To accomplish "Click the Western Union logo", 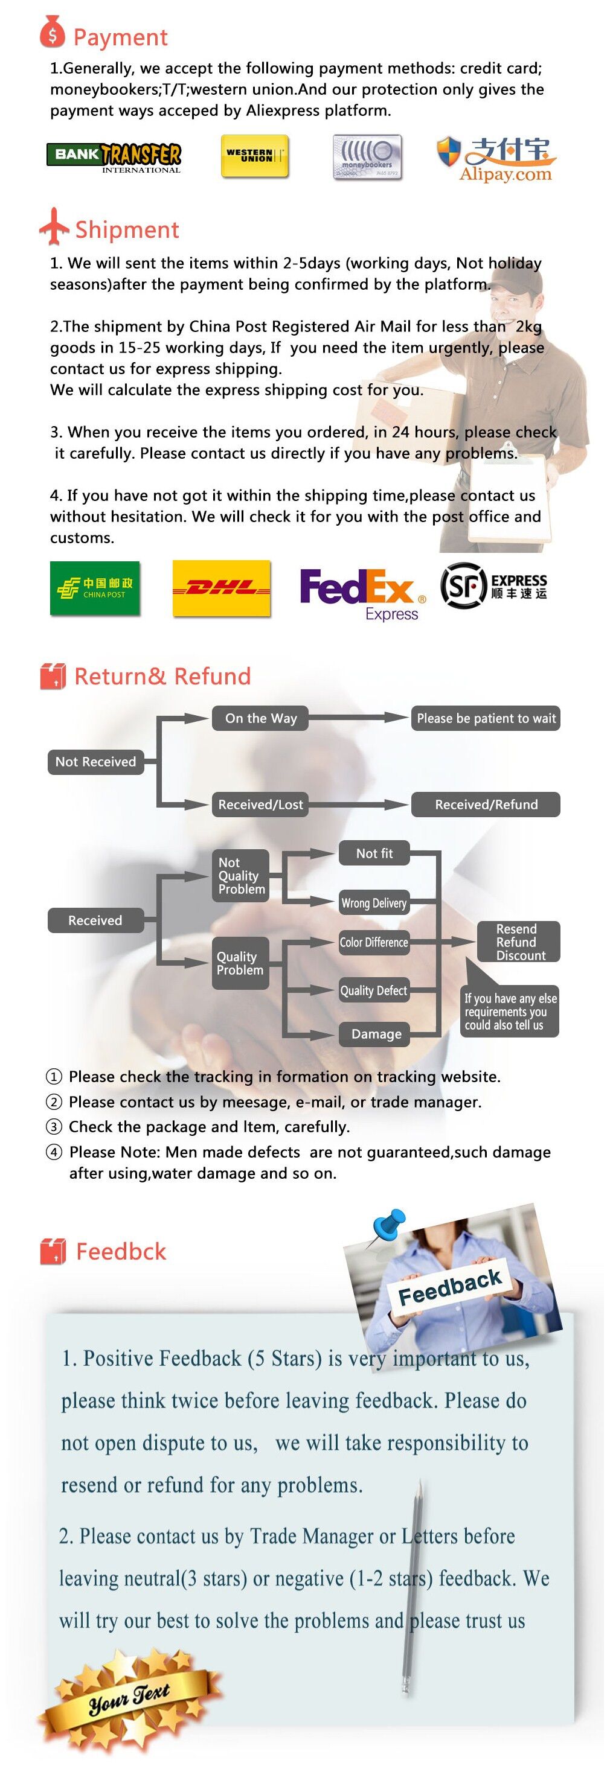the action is point(254,156).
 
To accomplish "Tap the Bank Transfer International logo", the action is point(114,158).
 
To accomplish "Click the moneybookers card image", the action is point(367,157).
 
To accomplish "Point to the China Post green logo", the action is point(95,588).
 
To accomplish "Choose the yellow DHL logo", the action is point(222,588).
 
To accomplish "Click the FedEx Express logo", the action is point(363,594).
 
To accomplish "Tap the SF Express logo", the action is point(494,585).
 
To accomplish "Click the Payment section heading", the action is point(120,37).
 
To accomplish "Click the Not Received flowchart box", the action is point(95,762).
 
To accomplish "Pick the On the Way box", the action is point(261,718).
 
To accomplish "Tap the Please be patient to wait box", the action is point(486,718).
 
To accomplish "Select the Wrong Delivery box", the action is point(374,903).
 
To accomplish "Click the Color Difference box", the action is point(374,942).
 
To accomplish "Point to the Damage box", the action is point(376,1034).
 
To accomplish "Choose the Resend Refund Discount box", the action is point(519,942).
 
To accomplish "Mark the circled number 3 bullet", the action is point(54,1127).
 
